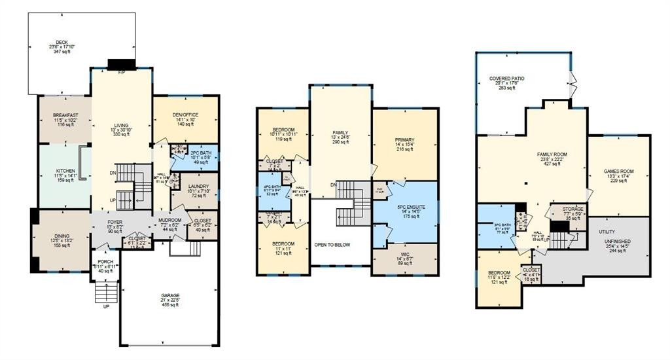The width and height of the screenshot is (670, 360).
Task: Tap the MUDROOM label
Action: coord(170,220)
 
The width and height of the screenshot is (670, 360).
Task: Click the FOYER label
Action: coord(115,223)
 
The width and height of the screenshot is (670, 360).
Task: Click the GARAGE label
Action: coord(170,295)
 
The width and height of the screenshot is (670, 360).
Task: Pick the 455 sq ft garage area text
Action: coord(170,306)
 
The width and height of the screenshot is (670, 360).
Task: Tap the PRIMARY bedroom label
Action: coord(404,139)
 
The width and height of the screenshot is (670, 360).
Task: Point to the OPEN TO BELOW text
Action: coord(332,245)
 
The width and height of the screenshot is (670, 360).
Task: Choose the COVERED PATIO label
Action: coord(507,78)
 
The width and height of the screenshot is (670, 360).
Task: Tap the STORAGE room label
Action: coord(573,209)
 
